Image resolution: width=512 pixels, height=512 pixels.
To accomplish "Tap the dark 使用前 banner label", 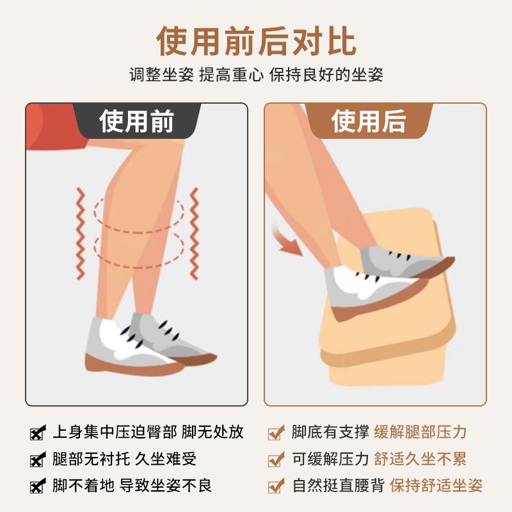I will coord(136,121).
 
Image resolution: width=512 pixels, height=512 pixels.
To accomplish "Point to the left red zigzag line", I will coord(79,233).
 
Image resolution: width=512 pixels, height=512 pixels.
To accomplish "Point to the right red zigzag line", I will coord(195,233).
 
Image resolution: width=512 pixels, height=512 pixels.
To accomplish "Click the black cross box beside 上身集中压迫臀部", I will coord(38,433).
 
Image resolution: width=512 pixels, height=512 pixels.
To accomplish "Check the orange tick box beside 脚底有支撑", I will coord(276,433).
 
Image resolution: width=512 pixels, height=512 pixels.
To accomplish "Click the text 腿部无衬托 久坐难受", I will coord(124,459).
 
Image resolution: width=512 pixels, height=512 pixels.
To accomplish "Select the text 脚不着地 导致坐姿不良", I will coord(132,485).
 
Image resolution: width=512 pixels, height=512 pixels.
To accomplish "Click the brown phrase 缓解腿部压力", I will coord(420,432).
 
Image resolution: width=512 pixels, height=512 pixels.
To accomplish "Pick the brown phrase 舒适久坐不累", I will coord(420,459).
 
